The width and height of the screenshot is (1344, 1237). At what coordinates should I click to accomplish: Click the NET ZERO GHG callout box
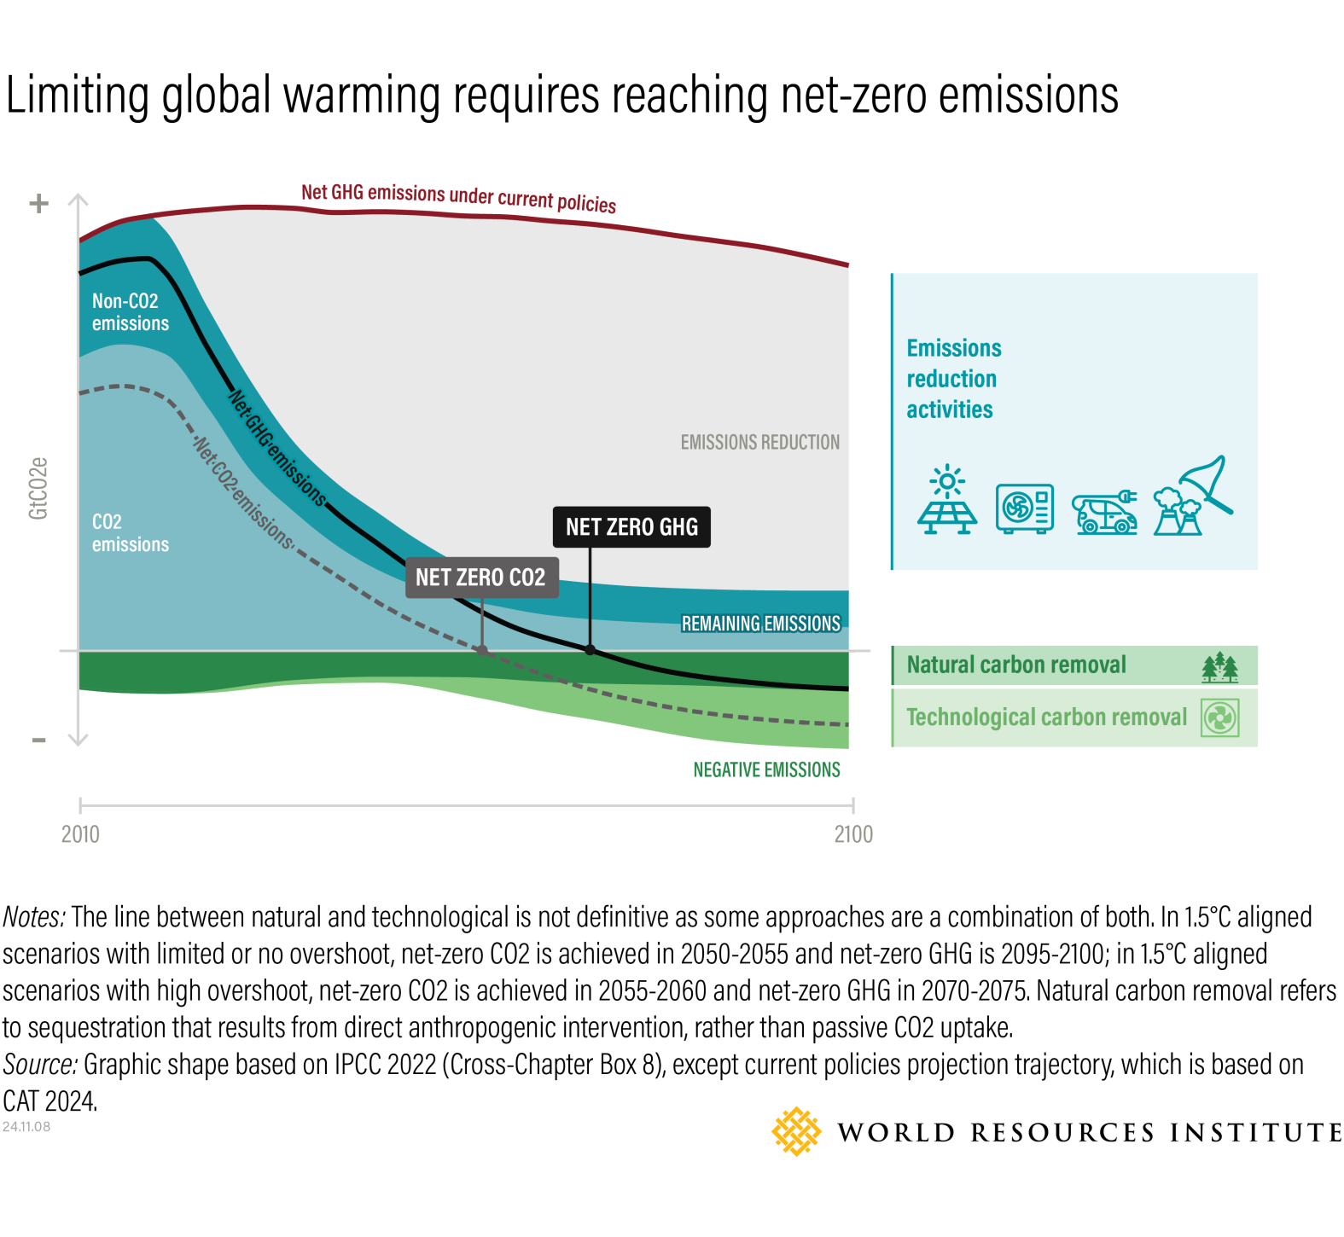point(631,527)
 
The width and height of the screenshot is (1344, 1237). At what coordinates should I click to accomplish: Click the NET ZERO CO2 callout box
point(480,578)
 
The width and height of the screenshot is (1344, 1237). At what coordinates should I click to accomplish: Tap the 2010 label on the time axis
point(80,834)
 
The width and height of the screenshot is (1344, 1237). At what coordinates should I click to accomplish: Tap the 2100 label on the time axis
point(853,834)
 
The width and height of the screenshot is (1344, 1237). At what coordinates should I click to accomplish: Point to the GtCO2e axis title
point(38,488)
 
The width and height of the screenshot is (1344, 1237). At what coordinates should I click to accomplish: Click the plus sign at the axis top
point(38,204)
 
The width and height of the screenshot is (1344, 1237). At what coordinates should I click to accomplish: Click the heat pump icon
point(1025,508)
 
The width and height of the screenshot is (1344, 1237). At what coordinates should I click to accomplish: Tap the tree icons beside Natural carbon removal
point(1220,667)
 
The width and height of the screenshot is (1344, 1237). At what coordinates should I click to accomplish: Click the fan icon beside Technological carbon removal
point(1220,717)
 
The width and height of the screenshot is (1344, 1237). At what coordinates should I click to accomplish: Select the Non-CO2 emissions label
point(130,312)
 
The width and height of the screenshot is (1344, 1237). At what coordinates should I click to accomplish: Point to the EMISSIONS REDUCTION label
point(759,442)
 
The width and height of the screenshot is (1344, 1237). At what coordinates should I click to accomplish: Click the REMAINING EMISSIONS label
point(760,624)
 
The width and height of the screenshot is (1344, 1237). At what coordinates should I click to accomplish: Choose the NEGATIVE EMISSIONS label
point(766,770)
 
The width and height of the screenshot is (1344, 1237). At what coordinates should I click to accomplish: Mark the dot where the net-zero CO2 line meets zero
point(482,651)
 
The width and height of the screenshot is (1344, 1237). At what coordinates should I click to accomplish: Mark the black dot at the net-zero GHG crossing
point(590,650)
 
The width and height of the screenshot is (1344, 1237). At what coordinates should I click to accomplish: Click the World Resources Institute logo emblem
point(796,1132)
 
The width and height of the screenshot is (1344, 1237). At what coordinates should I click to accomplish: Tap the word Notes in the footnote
point(34,917)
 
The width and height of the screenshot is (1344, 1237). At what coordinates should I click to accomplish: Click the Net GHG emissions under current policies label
point(458,197)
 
